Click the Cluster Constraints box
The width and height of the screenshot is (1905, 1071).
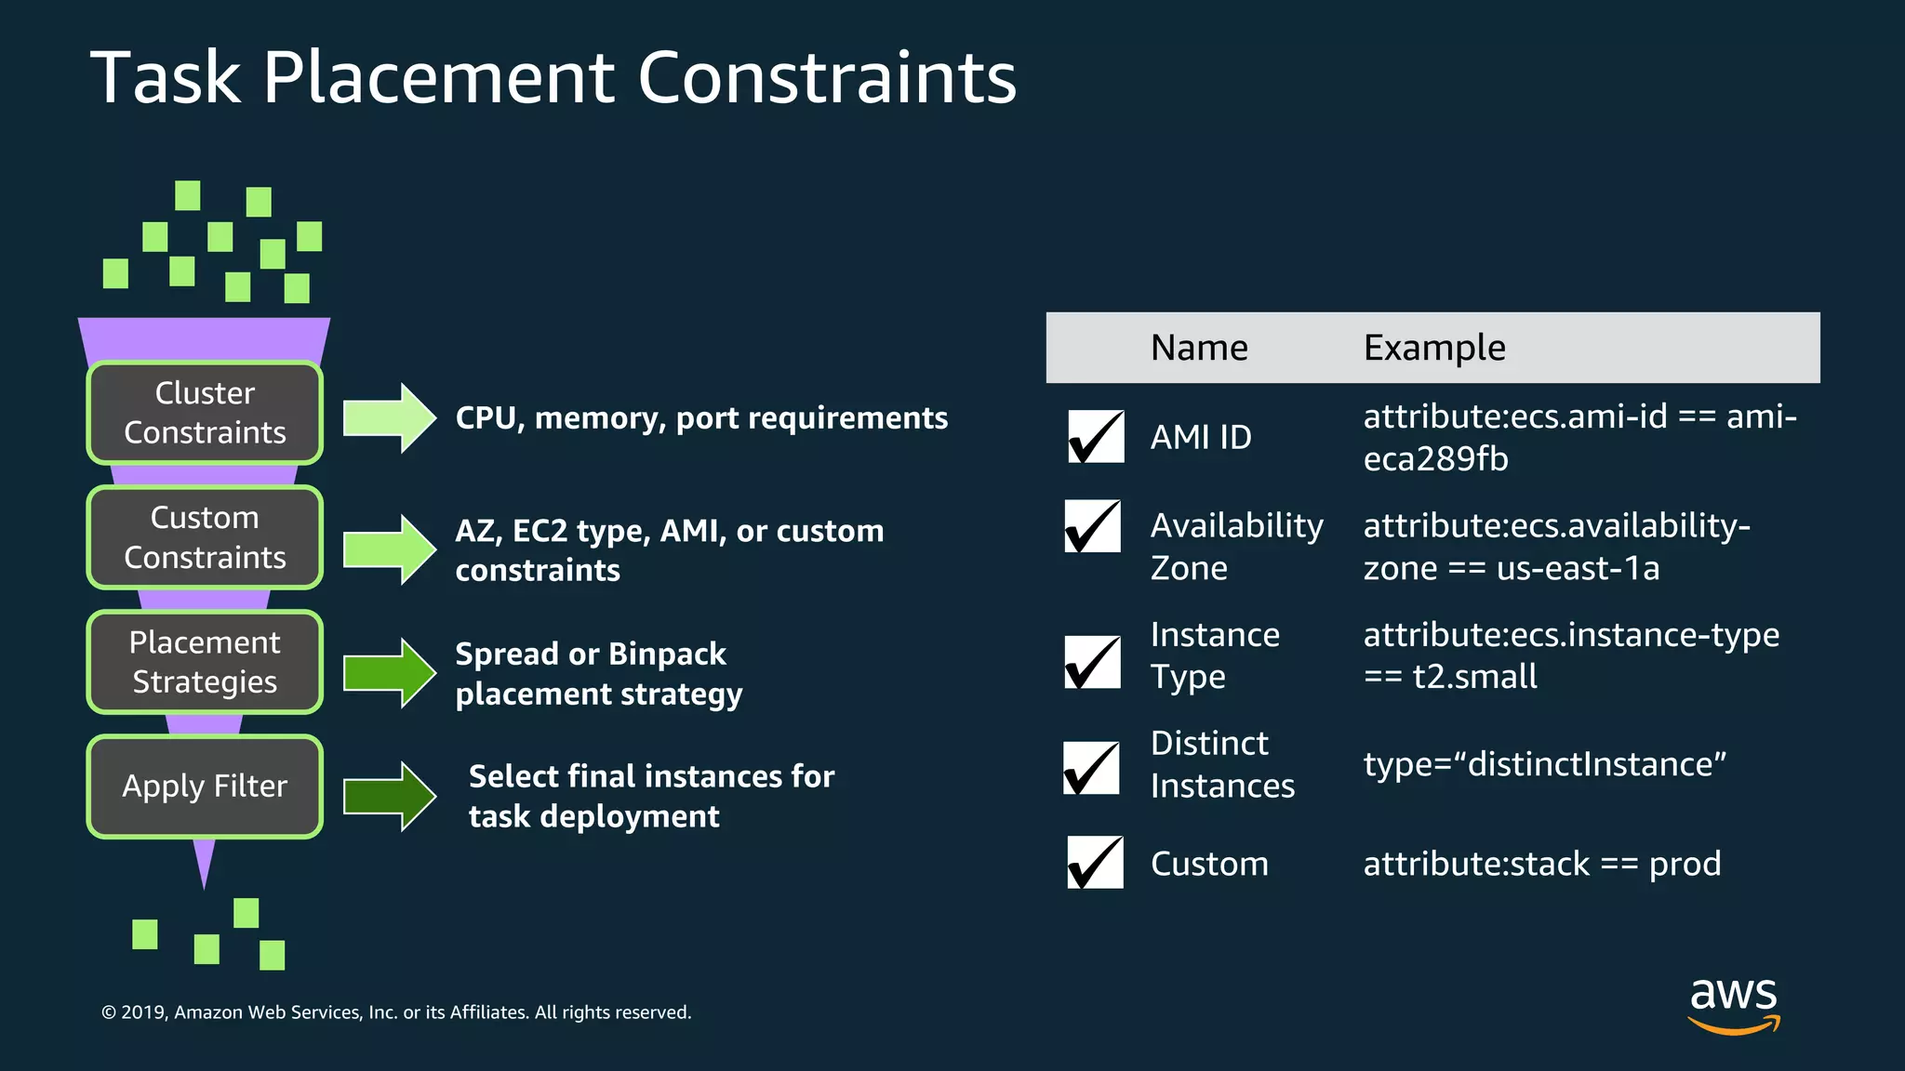[x=205, y=413]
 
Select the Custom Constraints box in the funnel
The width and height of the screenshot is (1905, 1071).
[x=205, y=537]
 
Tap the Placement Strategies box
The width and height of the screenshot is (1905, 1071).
[x=205, y=662]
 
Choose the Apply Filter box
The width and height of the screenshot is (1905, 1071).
[x=205, y=787]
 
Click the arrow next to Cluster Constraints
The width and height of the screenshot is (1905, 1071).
[x=389, y=418]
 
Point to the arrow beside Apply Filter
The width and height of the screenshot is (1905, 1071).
[x=389, y=796]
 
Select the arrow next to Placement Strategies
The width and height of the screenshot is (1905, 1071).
[x=389, y=673]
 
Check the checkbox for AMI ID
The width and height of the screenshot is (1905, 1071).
[x=1096, y=436]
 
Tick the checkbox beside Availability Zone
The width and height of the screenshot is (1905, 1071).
[x=1093, y=526]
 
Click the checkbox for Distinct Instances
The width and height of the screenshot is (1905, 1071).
[x=1091, y=768]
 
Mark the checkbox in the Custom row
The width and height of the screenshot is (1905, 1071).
[x=1095, y=863]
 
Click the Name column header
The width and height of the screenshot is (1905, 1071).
[x=1199, y=348]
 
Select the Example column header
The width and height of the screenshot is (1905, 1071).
[x=1434, y=348]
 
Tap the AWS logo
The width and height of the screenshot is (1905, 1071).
[x=1734, y=1004]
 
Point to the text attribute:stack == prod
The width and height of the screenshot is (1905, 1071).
[x=1541, y=864]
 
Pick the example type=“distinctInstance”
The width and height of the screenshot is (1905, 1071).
[x=1544, y=764]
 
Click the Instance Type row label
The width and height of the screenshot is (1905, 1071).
[x=1215, y=655]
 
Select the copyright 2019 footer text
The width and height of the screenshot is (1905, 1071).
[x=396, y=1012]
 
